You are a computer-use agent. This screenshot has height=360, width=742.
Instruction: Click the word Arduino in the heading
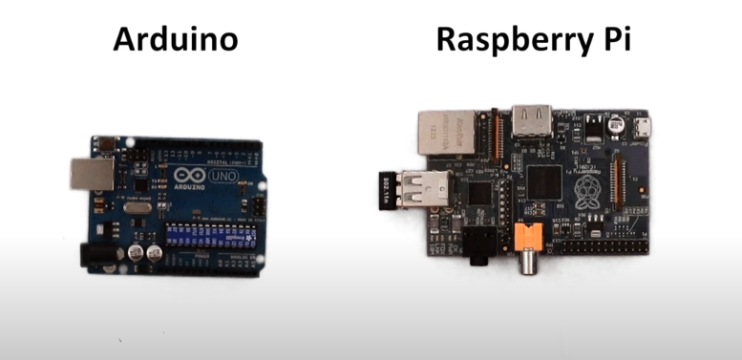pos(175,40)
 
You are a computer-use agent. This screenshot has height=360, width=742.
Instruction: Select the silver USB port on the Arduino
pos(87,173)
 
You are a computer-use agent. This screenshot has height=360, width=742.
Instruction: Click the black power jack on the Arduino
pos(95,254)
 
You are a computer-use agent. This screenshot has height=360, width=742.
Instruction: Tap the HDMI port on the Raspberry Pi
pos(531,120)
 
